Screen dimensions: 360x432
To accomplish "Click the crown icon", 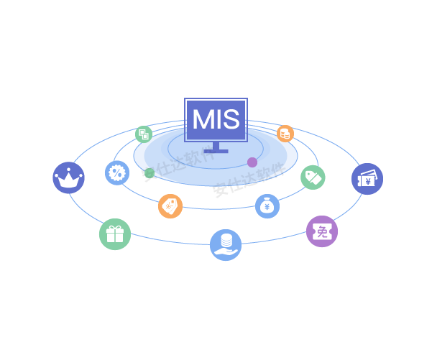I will (68, 177).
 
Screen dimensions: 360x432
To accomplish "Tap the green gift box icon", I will (115, 234).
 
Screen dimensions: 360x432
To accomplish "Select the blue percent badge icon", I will (116, 172).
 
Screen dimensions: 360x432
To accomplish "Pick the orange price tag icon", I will (170, 206).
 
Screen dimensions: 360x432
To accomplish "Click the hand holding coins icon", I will (226, 244).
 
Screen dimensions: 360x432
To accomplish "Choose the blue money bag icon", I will (267, 206).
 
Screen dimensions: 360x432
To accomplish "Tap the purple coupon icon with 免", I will (322, 231).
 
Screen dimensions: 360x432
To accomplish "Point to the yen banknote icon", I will (367, 179).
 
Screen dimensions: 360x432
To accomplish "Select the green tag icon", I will (313, 177).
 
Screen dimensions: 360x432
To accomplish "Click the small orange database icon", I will (285, 134).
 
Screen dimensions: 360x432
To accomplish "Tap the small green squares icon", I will (144, 134).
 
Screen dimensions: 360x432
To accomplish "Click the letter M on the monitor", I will (202, 119).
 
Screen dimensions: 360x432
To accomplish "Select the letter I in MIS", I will (219, 119).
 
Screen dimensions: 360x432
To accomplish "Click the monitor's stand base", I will (216, 150).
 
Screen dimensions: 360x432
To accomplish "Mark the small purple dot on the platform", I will (252, 162).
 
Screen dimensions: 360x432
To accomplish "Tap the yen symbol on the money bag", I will (267, 208).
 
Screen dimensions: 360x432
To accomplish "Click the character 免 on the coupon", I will (323, 231).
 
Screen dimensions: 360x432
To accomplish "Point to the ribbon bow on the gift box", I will (115, 228).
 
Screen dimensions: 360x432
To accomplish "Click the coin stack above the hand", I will (226, 239).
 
